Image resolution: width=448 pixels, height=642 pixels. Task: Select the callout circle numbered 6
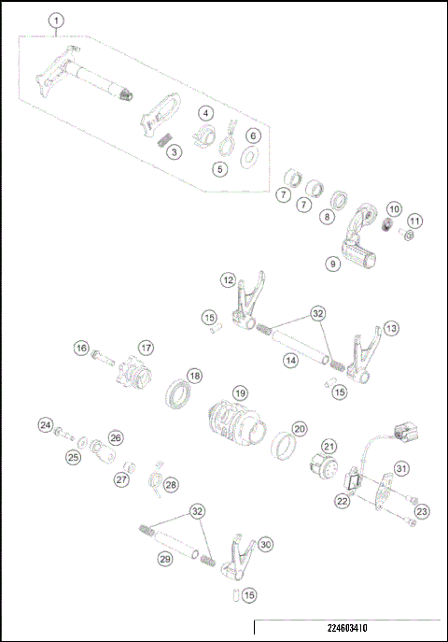[x=252, y=136]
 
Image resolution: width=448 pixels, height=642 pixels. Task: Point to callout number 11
[x=414, y=221]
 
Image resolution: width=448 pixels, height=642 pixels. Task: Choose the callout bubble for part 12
[x=228, y=279]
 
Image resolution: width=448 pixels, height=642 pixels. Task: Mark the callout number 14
[x=290, y=359]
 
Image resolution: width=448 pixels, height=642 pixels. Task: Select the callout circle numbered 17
[x=146, y=348]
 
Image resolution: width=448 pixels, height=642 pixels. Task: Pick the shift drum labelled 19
[x=230, y=426]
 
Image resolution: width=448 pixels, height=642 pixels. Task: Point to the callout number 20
[x=299, y=429]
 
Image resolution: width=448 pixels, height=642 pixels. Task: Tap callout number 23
[x=422, y=511]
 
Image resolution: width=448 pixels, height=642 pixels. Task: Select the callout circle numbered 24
[x=45, y=425]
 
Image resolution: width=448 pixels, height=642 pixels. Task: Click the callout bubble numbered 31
[x=400, y=467]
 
